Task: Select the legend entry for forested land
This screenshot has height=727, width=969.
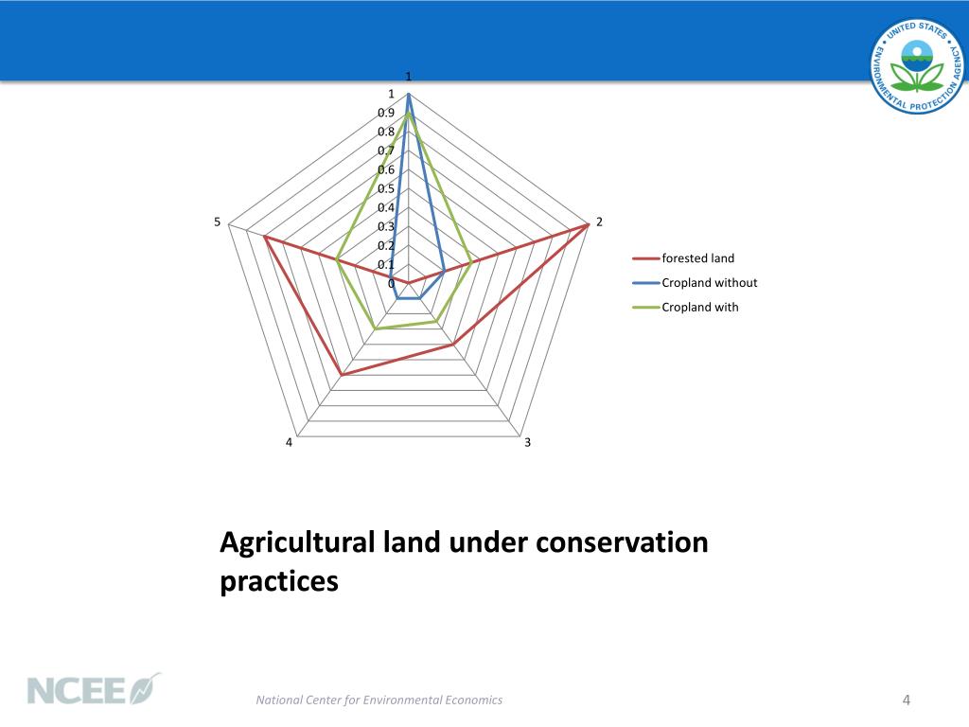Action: [x=697, y=258]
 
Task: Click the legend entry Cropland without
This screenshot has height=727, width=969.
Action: [x=709, y=283]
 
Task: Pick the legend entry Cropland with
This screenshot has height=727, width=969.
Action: [x=699, y=308]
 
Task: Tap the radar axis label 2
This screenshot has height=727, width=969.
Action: [x=599, y=222]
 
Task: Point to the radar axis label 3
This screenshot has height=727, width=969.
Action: [x=527, y=443]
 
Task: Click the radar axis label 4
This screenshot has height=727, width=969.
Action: [x=289, y=443]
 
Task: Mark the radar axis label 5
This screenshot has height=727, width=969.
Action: [x=217, y=222]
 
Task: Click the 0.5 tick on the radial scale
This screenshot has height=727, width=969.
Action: [x=386, y=188]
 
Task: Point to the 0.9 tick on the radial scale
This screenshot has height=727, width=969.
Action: [x=386, y=113]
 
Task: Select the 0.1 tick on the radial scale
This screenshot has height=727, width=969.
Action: [x=386, y=264]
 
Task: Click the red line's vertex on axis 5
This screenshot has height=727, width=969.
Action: [x=264, y=237]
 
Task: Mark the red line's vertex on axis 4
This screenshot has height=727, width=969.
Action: [x=341, y=376]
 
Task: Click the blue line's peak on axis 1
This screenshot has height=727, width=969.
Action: [x=408, y=95]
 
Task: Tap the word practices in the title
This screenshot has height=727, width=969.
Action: [x=278, y=579]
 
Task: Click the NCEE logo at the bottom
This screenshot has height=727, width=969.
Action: [x=94, y=689]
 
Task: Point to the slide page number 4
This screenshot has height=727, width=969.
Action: [x=906, y=700]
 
